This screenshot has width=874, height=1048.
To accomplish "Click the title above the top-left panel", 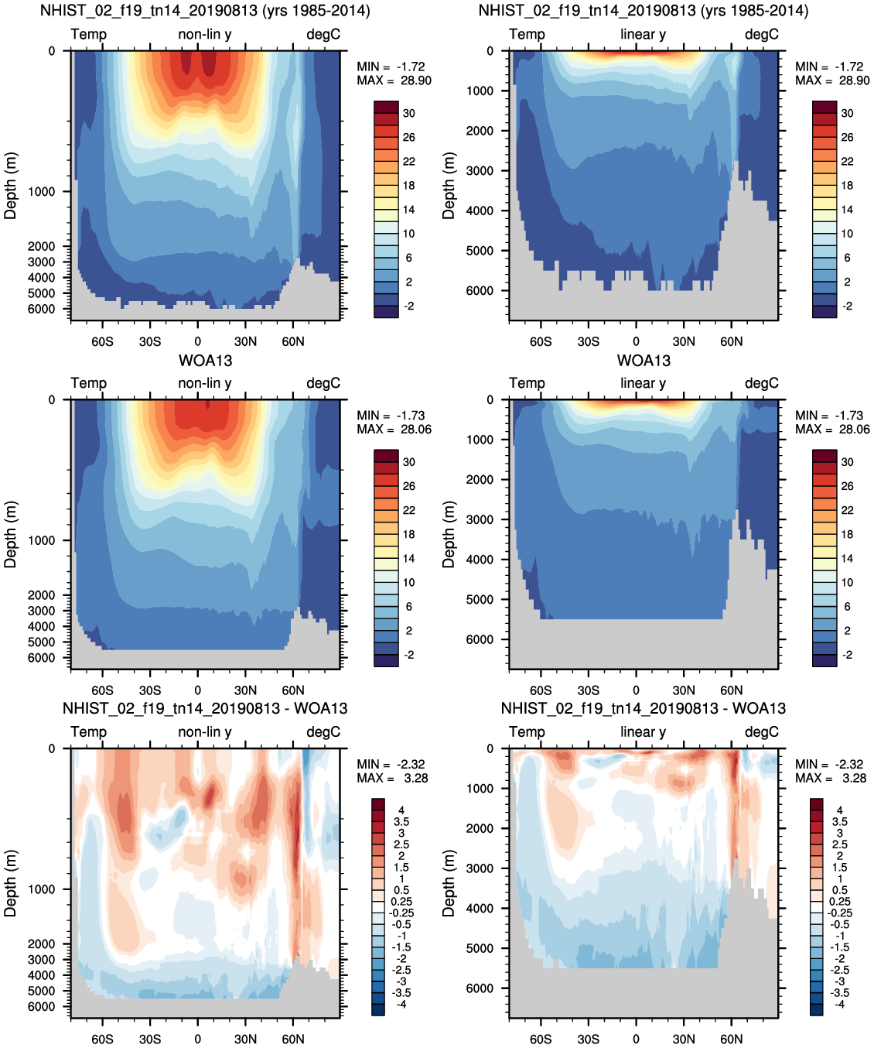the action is point(205,11).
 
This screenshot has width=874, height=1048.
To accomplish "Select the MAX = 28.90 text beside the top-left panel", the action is point(394,80).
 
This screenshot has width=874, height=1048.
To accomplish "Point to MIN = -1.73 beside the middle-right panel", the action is point(829,416).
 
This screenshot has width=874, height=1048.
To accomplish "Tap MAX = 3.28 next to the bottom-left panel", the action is point(392,778).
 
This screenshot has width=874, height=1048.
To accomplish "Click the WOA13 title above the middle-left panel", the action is point(205,361).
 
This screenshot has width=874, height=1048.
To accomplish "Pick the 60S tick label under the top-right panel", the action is point(541,342).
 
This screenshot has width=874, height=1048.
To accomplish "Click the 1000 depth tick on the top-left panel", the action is point(41,192).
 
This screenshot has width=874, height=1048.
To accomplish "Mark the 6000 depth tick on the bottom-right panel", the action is point(480,988).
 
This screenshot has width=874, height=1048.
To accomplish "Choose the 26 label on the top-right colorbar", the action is point(847,138).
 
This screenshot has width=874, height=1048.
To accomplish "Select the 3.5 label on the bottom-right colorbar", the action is point(839,822).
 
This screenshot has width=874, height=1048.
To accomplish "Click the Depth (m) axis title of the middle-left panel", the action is point(10,535).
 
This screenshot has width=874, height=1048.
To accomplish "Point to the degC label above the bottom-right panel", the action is point(762,732).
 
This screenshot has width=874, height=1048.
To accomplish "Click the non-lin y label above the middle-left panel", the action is point(205,383).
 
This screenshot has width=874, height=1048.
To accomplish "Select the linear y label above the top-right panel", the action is point(644,35).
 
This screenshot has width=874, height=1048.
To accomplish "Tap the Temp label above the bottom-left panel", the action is point(89,731).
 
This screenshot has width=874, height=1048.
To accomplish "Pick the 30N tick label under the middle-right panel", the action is point(684,690).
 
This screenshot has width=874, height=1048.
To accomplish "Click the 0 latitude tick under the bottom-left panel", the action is point(198,1039).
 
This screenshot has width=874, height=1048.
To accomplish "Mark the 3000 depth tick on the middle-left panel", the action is point(41,611).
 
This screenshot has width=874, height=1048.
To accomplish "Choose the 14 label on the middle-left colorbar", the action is point(408,559).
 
